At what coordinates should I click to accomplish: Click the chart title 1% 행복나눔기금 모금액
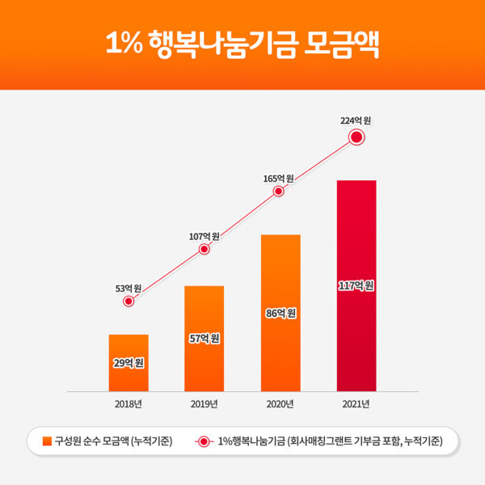242,44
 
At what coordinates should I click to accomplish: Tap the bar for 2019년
204,338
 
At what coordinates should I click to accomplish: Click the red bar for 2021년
356,285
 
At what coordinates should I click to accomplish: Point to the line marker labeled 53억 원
129,302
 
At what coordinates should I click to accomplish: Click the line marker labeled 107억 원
204,250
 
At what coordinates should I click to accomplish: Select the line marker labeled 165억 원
279,192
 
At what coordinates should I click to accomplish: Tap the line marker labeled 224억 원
356,137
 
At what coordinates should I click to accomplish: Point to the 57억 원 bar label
204,338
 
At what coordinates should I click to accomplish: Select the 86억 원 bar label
280,313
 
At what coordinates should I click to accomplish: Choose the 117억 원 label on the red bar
356,285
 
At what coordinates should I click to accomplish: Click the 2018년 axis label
129,403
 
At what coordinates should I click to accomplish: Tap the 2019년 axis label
204,403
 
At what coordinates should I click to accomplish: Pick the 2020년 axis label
280,403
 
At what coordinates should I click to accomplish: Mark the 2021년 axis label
356,403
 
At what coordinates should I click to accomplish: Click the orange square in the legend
46,441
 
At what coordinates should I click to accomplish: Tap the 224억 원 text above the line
356,120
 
